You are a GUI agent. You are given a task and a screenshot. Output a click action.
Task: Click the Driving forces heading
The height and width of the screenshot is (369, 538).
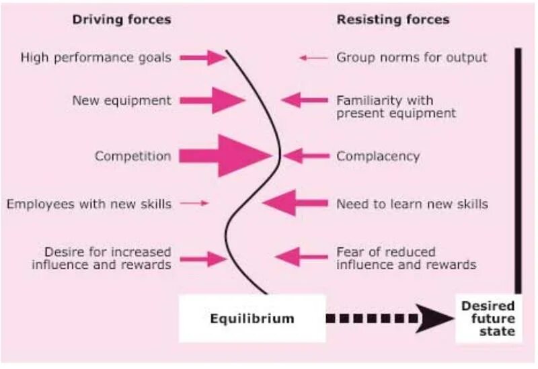click(121, 19)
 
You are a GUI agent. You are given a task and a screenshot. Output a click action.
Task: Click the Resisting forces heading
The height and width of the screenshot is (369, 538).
click(393, 19)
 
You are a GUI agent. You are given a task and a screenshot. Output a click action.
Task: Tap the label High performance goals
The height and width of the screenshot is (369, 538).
click(95, 58)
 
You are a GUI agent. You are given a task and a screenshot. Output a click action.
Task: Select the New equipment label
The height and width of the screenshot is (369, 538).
click(122, 101)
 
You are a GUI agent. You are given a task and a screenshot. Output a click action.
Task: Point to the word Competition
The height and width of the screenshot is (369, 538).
click(132, 156)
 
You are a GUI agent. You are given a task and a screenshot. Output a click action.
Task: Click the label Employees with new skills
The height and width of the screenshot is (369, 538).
click(89, 203)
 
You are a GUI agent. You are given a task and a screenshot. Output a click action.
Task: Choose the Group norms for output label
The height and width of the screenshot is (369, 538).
click(412, 58)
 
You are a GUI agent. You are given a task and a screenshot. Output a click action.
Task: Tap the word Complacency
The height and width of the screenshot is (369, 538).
click(378, 156)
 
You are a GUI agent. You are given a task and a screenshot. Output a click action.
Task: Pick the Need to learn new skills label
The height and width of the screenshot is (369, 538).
click(412, 203)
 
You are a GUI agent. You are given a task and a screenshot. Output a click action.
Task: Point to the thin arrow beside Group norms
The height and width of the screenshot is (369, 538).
click(313, 58)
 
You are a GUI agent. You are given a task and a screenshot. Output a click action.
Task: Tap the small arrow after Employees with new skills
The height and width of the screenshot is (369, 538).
click(196, 203)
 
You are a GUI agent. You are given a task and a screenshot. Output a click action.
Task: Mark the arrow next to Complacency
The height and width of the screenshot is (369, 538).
click(306, 156)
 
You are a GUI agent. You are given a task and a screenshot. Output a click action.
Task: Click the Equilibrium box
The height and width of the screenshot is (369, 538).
click(252, 318)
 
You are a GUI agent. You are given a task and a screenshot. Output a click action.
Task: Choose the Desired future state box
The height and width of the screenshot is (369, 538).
click(488, 318)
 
